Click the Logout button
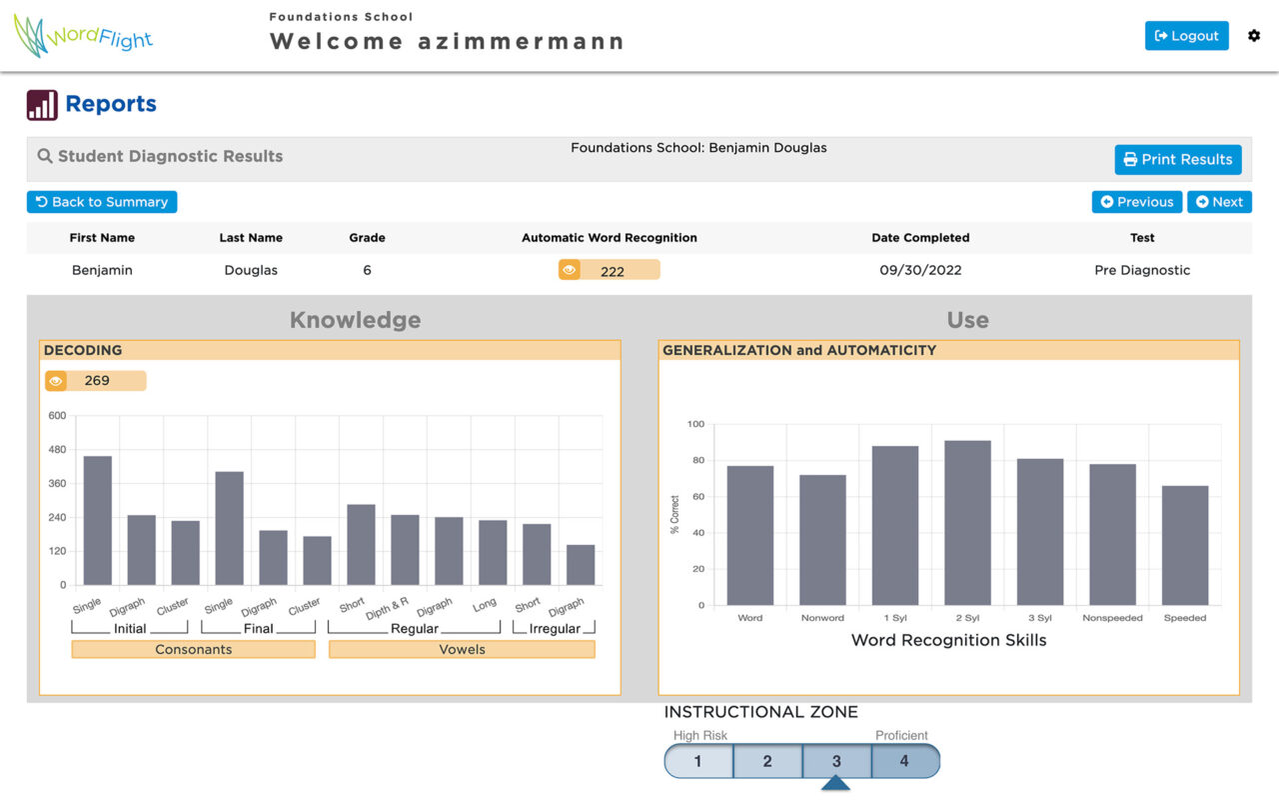click(1186, 36)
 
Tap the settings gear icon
click(1254, 36)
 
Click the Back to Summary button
click(102, 202)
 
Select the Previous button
click(1137, 202)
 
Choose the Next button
click(1220, 202)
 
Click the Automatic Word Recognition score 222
click(610, 270)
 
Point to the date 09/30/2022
click(920, 270)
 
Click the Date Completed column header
click(920, 238)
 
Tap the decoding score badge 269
click(95, 381)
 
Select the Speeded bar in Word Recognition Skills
click(1185, 545)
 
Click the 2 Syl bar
click(967, 523)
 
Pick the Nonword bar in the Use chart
click(822, 540)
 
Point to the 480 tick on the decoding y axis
click(57, 450)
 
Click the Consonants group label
click(194, 649)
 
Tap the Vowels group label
click(462, 649)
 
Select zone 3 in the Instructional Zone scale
click(836, 761)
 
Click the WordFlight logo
click(83, 36)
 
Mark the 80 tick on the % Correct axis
click(698, 460)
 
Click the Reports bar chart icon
click(42, 105)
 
